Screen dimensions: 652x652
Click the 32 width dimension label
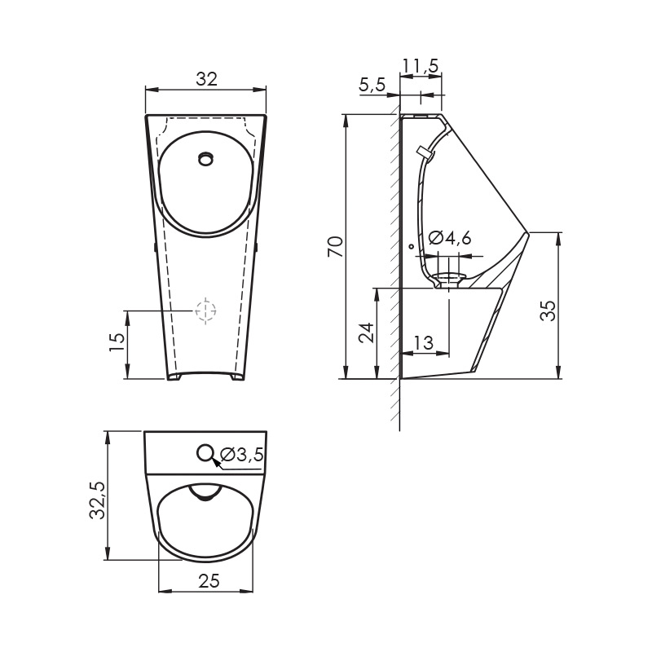coord(206,79)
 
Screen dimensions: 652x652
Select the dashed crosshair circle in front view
coord(206,310)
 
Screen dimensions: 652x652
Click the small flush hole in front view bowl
coord(206,158)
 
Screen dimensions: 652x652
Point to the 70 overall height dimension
coord(335,246)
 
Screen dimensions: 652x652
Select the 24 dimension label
coord(367,332)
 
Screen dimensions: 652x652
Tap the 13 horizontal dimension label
coord(423,344)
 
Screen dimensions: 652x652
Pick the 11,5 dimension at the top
coord(421,64)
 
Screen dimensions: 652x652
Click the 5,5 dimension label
coord(372,85)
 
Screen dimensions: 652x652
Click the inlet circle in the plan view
coord(206,452)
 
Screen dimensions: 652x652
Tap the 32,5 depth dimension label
coord(97,500)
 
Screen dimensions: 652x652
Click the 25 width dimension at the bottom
coord(209,580)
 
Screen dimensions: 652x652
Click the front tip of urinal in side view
coord(528,234)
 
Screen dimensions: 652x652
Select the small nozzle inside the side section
coord(423,152)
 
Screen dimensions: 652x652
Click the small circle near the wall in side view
coord(411,246)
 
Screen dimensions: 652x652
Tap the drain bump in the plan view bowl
coord(205,492)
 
